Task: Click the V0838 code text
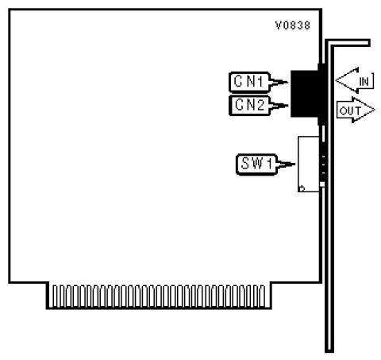point(293,25)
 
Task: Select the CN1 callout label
point(249,82)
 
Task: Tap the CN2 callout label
point(249,106)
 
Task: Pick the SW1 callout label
point(256,165)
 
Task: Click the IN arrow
point(355,80)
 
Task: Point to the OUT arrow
point(356,110)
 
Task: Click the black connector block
point(308,94)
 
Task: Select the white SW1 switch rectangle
point(309,164)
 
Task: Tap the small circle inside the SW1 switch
point(302,188)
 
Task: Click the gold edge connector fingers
point(159,296)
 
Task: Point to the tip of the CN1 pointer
point(288,82)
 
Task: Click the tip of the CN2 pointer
point(288,106)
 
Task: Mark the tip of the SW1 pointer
point(295,165)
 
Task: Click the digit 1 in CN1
point(260,82)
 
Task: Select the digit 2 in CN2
point(260,105)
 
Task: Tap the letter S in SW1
point(245,164)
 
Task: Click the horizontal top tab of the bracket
point(348,43)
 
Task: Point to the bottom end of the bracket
point(329,351)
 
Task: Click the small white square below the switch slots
point(322,184)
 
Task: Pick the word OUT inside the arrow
point(350,110)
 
